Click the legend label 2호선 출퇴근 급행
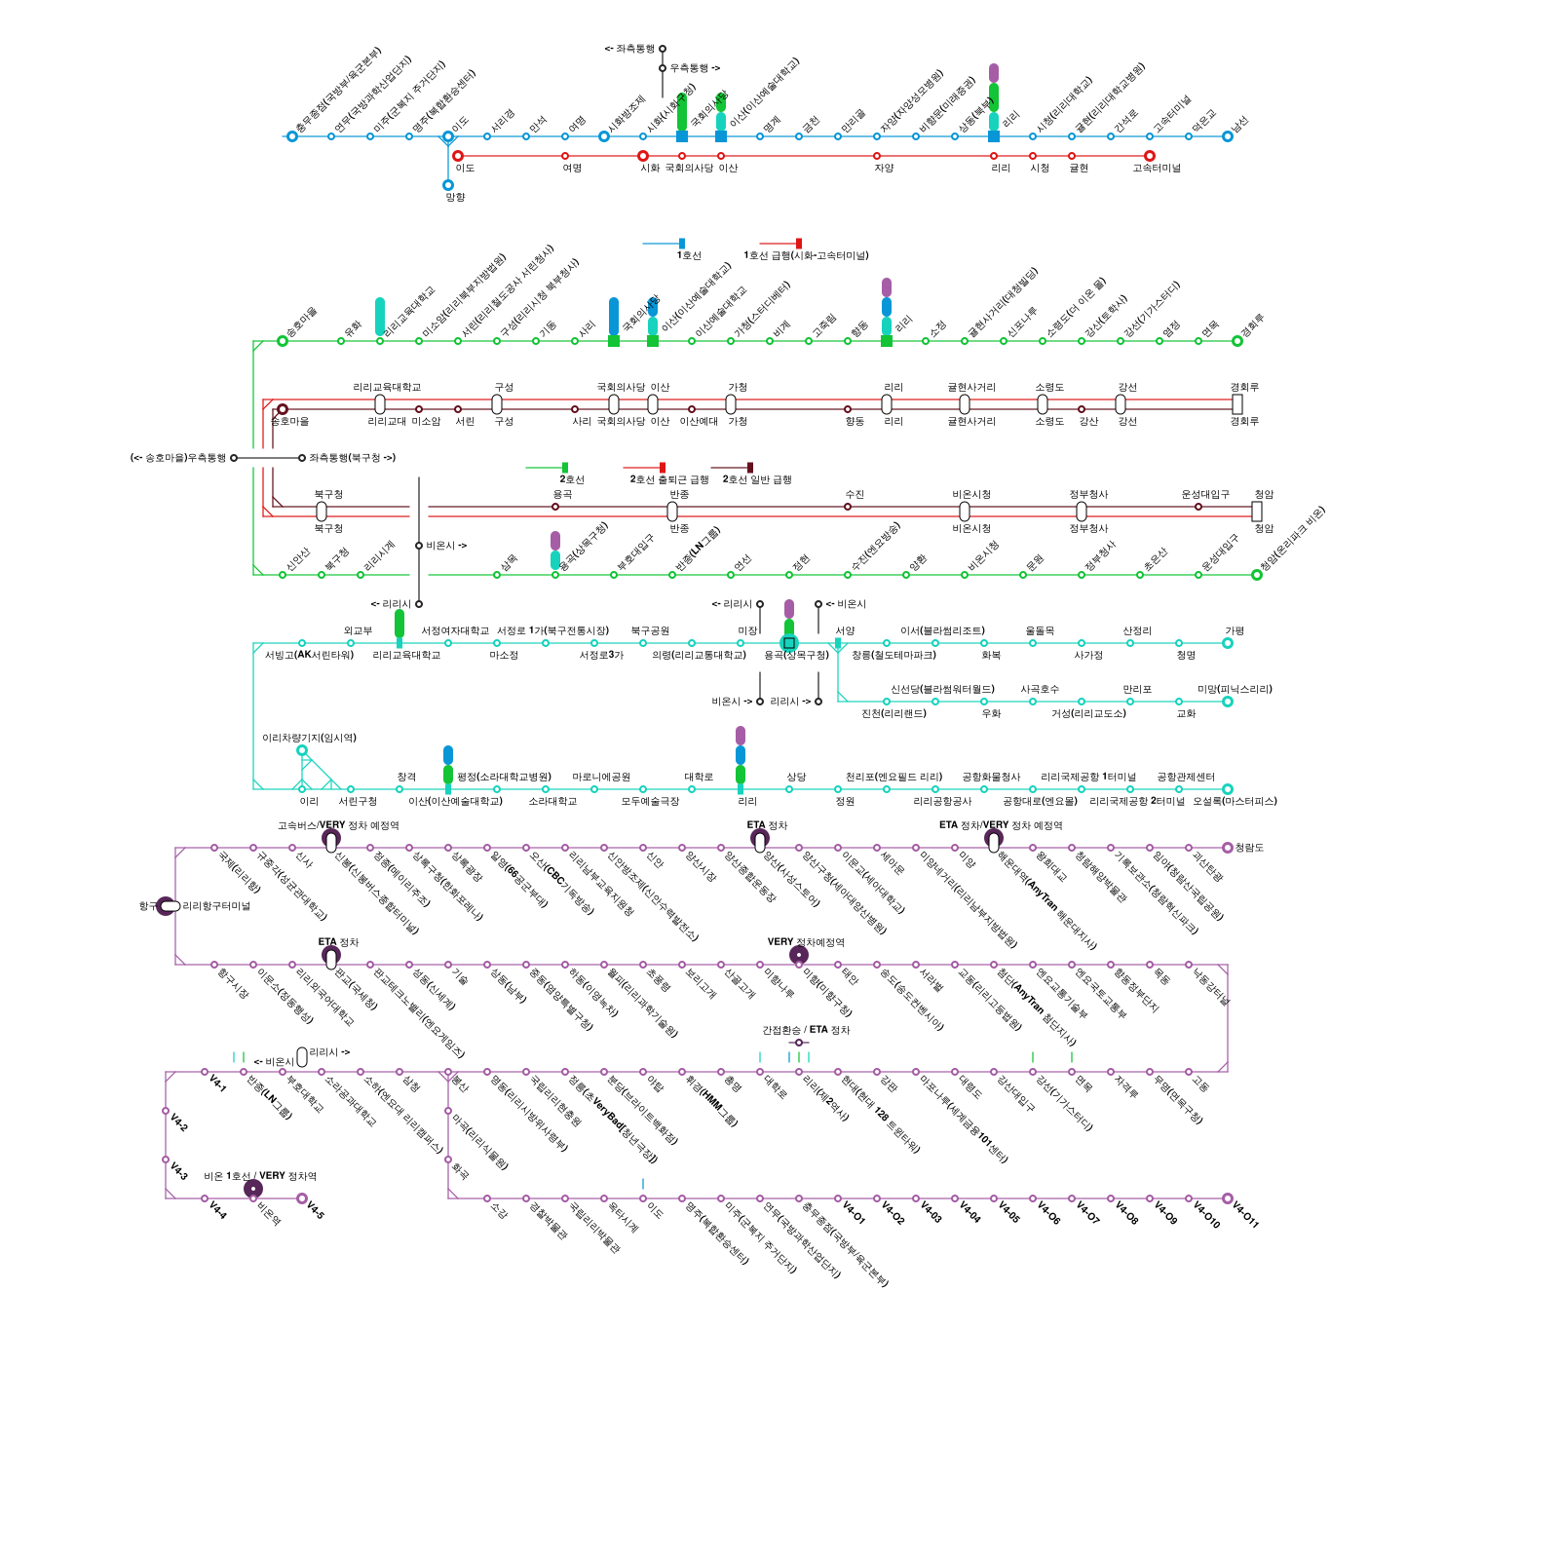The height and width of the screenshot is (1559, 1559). click(669, 479)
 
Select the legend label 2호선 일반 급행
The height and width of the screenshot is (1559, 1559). click(757, 479)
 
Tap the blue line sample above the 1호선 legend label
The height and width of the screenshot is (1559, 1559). click(663, 244)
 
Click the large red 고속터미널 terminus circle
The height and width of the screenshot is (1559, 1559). click(1150, 156)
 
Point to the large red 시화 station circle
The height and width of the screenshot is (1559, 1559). click(643, 156)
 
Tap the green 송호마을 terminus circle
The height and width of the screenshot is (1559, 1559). click(283, 341)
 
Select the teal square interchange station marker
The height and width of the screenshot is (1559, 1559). click(789, 643)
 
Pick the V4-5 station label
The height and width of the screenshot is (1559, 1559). click(315, 1209)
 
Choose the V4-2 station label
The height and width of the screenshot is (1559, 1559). click(179, 1122)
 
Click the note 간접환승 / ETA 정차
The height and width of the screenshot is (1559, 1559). click(806, 1030)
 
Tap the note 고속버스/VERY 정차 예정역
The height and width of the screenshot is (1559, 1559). click(338, 825)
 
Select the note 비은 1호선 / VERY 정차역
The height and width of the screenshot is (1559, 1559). click(260, 1176)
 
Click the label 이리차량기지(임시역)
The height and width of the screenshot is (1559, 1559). click(309, 738)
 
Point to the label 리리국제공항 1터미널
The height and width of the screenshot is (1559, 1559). click(1088, 777)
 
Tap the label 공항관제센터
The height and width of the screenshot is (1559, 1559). click(1186, 777)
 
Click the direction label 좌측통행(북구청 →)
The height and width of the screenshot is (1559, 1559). click(353, 458)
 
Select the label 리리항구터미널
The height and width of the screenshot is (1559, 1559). click(216, 906)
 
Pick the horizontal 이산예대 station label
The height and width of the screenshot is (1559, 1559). click(699, 421)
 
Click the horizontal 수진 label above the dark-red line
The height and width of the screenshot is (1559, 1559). click(855, 495)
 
